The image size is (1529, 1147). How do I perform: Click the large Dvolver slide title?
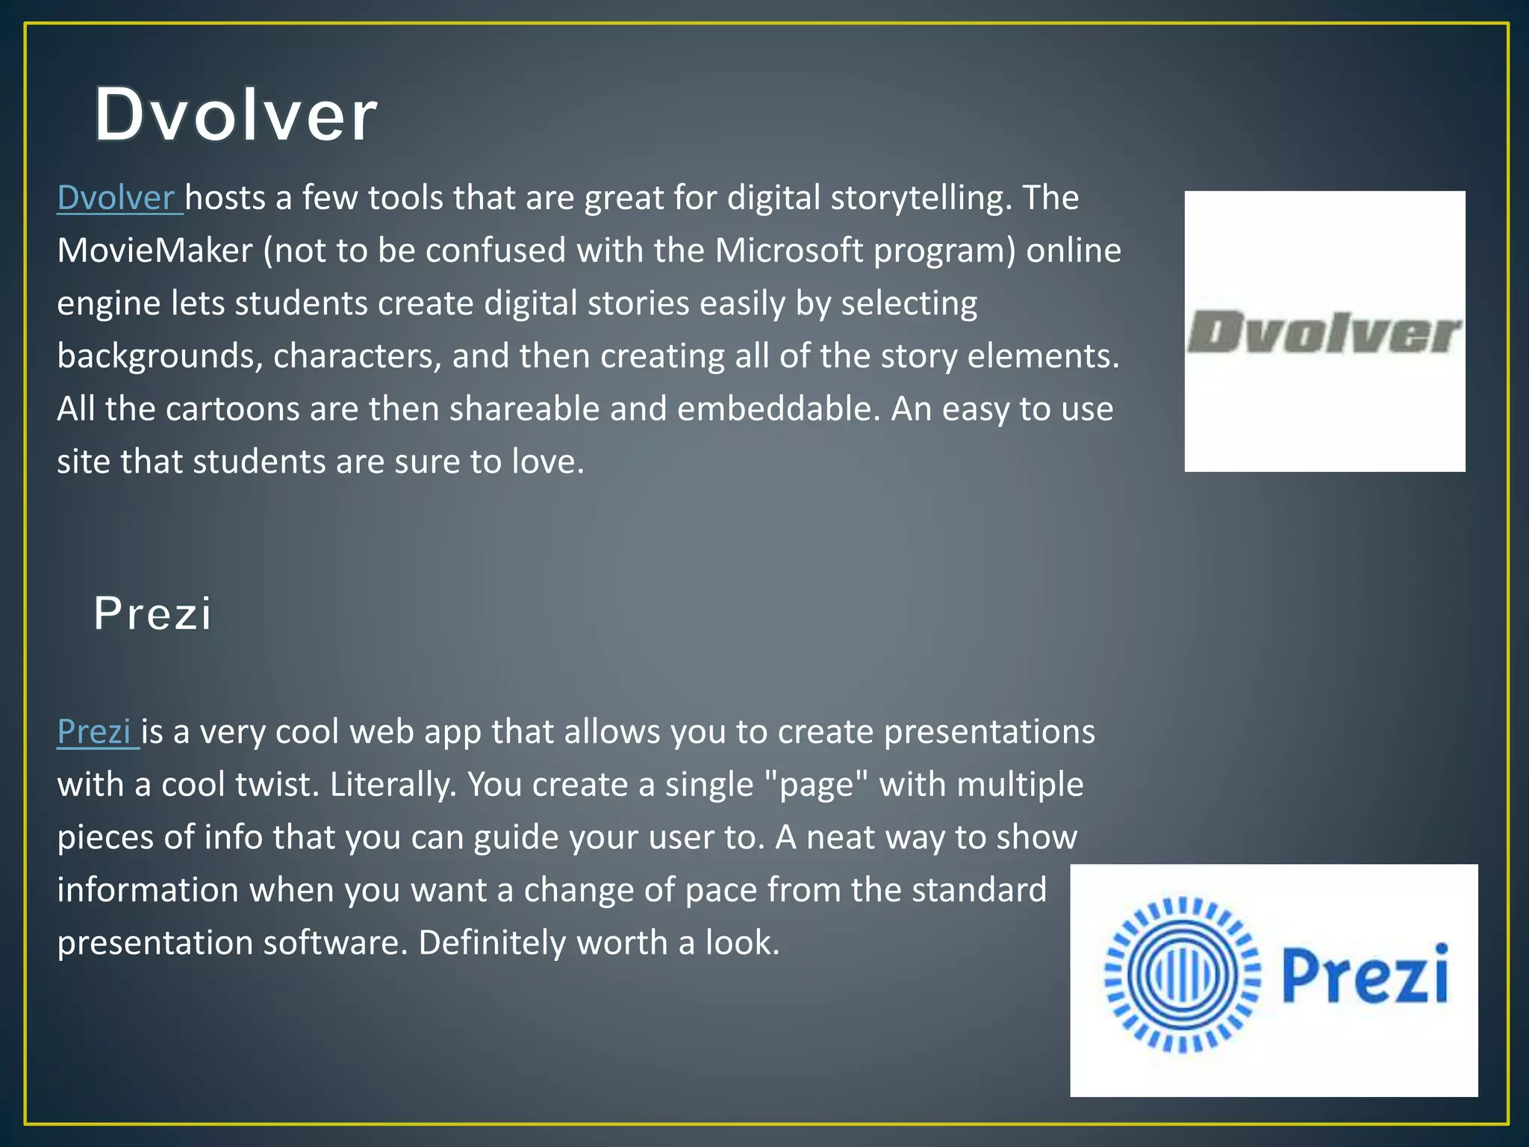click(236, 116)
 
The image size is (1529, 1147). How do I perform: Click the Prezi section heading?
click(152, 614)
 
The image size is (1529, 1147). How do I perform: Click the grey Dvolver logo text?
click(1324, 333)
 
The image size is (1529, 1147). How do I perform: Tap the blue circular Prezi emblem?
click(1183, 975)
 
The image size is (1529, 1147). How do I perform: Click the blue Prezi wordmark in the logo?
click(1365, 975)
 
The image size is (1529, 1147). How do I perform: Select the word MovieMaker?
click(155, 251)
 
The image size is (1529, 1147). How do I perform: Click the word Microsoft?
click(789, 251)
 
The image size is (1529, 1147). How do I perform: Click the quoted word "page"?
click(818, 785)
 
